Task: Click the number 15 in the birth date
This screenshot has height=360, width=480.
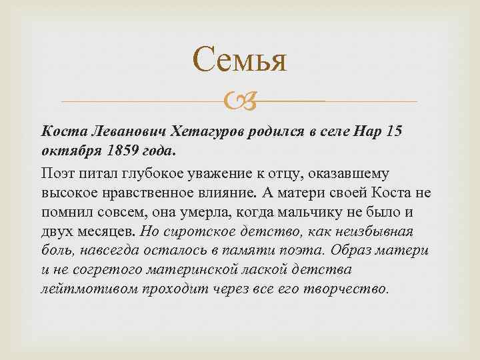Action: tap(394, 132)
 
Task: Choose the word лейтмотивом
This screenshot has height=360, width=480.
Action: tap(81, 289)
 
